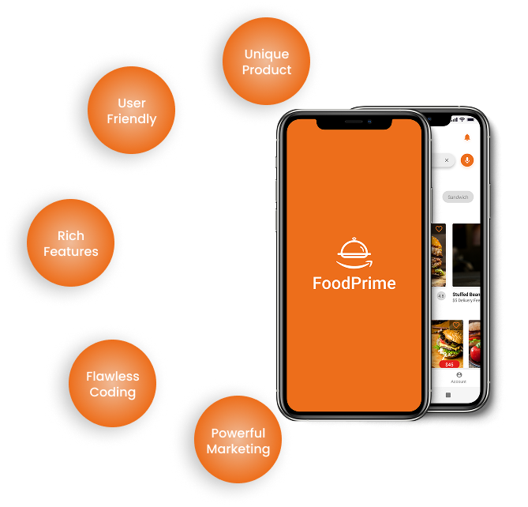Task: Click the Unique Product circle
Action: click(267, 62)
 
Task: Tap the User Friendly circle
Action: click(132, 111)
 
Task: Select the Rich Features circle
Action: click(71, 243)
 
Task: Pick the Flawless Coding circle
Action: click(113, 385)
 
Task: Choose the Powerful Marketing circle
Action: click(238, 441)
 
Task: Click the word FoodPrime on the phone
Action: click(354, 284)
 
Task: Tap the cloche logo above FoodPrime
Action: click(354, 251)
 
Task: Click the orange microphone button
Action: click(466, 160)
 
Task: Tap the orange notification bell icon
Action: click(466, 137)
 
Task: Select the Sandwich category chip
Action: click(458, 197)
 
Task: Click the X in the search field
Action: click(446, 160)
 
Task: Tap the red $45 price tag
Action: click(449, 364)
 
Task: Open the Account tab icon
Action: click(459, 375)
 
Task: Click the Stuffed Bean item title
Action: click(466, 294)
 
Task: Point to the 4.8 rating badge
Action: click(440, 296)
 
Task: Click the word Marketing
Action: click(238, 449)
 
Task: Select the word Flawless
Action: click(113, 377)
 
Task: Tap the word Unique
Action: click(267, 54)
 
